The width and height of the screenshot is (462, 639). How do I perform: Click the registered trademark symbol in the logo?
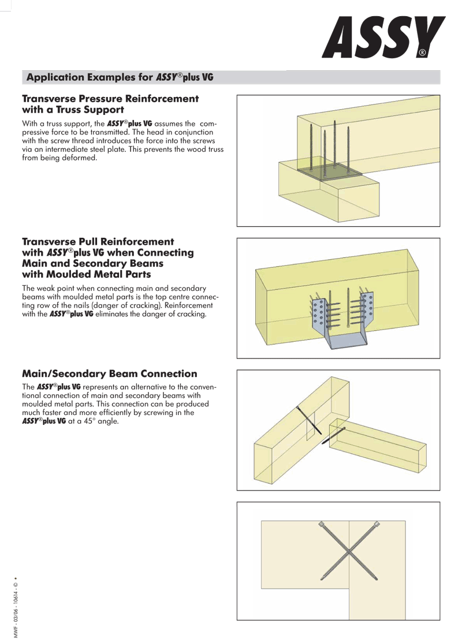(423, 53)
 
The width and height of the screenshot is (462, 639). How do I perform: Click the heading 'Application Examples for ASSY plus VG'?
(120, 77)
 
